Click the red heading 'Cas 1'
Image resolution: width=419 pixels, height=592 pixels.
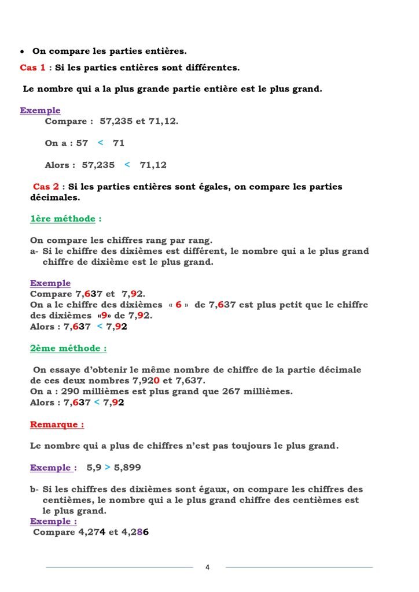(32, 68)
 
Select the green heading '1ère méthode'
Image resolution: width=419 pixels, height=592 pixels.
(62, 219)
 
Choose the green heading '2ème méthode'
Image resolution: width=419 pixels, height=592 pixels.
(68, 349)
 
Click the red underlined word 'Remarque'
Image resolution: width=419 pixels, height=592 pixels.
(56, 424)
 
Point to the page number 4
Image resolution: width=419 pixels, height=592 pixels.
(208, 567)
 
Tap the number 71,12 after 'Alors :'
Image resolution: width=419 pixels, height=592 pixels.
(153, 165)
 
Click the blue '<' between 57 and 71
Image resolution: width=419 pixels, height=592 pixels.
(100, 143)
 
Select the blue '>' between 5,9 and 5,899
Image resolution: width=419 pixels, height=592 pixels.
(108, 468)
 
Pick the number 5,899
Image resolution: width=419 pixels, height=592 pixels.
(127, 468)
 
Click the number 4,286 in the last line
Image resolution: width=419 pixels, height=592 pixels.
(135, 532)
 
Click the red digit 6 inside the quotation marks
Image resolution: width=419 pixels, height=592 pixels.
(179, 305)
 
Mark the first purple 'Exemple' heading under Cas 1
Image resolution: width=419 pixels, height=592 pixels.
(40, 110)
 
